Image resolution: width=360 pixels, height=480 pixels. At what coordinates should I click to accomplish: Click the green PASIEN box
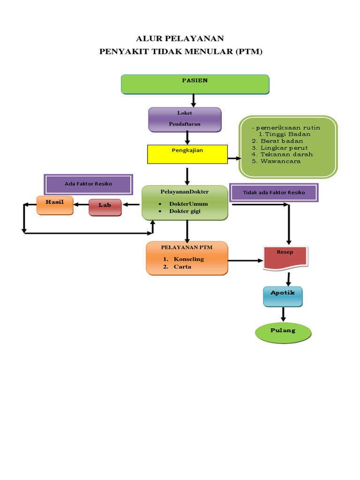195,84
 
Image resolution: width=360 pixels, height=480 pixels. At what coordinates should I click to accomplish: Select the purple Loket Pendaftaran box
185,120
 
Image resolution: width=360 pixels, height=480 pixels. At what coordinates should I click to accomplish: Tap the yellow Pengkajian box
187,154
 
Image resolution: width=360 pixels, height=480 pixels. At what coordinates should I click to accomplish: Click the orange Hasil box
55,205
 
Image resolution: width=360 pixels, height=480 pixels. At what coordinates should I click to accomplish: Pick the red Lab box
105,207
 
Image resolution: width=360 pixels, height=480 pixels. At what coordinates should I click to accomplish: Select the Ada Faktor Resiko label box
88,184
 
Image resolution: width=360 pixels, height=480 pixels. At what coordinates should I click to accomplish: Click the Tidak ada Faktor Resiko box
274,193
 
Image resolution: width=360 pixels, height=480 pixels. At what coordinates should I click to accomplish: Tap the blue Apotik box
283,297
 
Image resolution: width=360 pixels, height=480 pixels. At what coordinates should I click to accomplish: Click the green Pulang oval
283,333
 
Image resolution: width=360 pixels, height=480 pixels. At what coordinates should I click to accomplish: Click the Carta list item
182,267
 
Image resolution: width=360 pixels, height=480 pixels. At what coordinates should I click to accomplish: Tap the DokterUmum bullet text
188,204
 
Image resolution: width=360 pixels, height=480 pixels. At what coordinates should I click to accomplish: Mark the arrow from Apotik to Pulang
283,315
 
